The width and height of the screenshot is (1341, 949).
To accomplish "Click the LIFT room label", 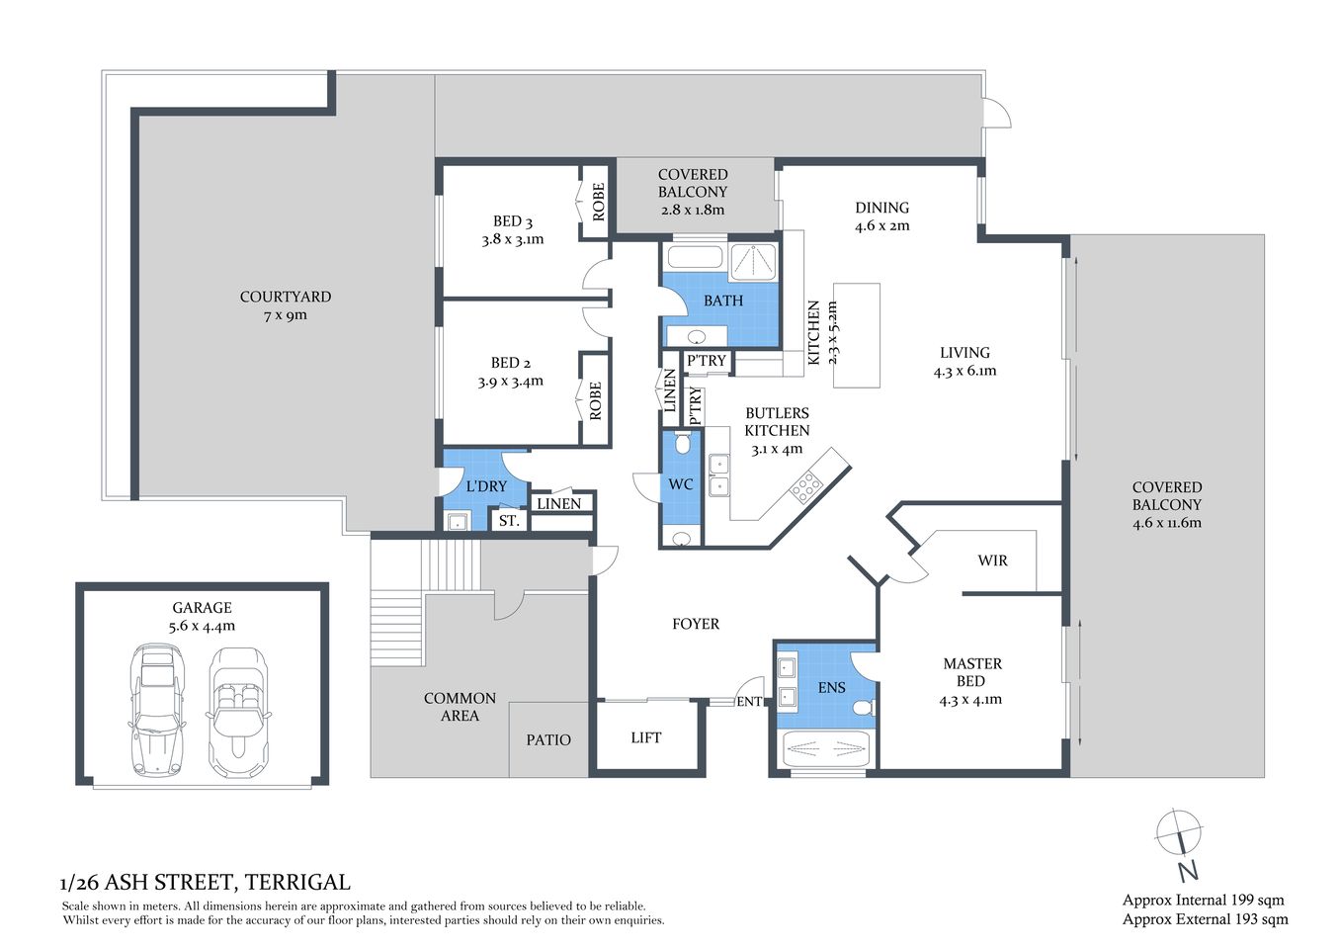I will click(645, 737).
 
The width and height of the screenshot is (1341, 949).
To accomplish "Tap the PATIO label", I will click(548, 739).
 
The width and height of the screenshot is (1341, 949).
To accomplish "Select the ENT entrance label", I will click(749, 702).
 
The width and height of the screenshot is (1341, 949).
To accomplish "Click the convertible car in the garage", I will click(235, 712).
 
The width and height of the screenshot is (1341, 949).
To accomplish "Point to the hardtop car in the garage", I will click(155, 712).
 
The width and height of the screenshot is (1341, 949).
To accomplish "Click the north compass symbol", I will click(1180, 835).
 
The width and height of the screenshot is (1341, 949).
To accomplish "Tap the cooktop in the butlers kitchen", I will click(805, 485).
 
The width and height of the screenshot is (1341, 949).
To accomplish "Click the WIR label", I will click(992, 561).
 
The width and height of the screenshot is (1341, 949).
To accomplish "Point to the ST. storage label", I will click(509, 520).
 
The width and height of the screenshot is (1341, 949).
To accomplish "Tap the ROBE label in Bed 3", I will click(598, 202).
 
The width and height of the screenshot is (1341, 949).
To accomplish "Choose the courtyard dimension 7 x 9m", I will click(286, 315).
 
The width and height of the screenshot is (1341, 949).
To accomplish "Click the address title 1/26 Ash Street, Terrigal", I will click(206, 882).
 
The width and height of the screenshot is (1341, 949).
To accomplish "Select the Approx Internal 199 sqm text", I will click(1203, 900).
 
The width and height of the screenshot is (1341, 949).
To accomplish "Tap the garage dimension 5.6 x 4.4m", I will click(203, 626).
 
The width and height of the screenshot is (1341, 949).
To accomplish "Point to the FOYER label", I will click(696, 624).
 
